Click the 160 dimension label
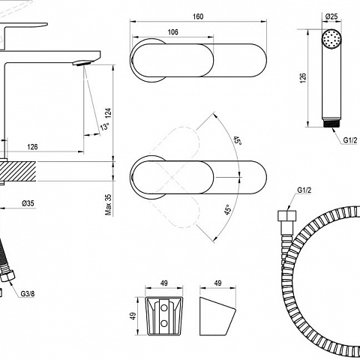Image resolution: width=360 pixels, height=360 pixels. tap(198, 16)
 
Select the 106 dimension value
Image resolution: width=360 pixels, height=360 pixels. tap(173, 32)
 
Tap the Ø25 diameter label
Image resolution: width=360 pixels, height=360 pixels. tap(331, 16)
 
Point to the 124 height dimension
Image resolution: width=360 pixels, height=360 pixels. tap(108, 113)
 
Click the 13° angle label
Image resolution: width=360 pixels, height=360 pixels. tap(105, 127)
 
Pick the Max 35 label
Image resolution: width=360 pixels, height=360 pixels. tap(108, 205)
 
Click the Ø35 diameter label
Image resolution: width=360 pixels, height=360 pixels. tap(28, 203)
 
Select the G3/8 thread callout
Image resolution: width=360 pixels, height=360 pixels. tap(28, 294)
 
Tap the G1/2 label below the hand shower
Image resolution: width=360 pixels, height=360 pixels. tap(350, 140)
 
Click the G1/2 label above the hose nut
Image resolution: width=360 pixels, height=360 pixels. tap(304, 190)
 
